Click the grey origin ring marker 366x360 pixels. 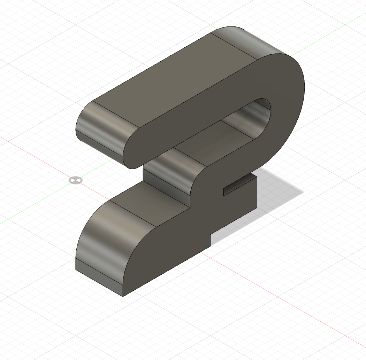tap(75, 180)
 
